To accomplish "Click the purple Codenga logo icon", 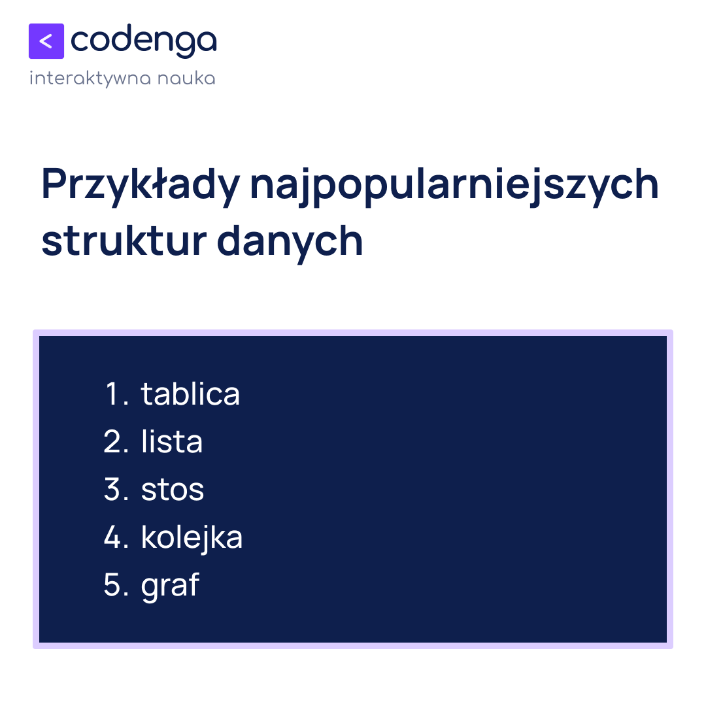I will click(46, 41).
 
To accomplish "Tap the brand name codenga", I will click(143, 41).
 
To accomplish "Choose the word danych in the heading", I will click(290, 241).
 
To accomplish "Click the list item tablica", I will click(190, 394).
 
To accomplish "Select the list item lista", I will click(172, 442).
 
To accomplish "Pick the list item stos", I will click(173, 490).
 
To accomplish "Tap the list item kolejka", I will click(192, 537).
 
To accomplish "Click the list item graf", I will click(170, 586).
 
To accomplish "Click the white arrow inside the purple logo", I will click(45, 41).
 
